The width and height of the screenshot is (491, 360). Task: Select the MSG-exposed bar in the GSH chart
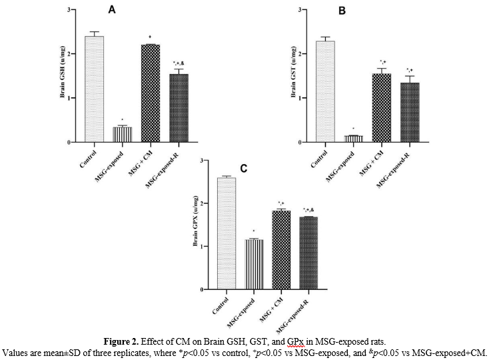(x=122, y=134)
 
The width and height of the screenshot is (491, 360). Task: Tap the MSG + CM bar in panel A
(x=151, y=93)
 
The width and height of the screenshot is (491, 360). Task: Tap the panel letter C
(x=243, y=168)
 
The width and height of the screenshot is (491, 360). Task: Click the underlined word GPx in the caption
(x=294, y=343)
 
